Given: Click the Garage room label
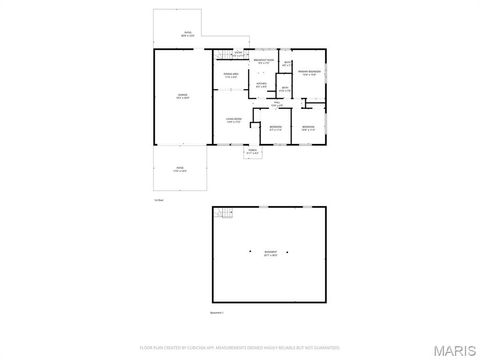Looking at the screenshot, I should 182,95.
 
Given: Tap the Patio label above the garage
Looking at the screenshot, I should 187,33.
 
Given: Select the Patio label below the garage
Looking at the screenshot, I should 180,169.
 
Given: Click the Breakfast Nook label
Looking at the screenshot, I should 264,62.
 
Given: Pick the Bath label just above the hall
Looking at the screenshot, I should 284,89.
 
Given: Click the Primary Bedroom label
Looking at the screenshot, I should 314,72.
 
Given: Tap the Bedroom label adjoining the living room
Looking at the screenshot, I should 275,127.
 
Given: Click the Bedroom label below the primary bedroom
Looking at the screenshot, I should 309,127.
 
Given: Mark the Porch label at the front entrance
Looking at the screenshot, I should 253,152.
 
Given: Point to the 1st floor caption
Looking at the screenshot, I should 158,199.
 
